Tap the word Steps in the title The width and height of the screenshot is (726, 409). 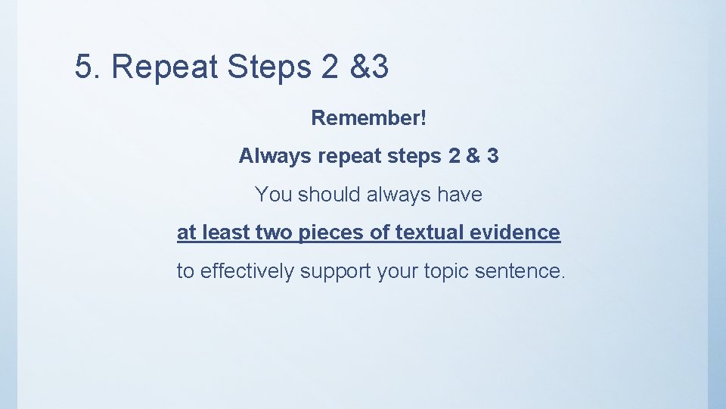coord(268,67)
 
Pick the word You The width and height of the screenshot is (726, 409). coord(273,195)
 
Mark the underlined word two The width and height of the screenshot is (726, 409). coord(273,233)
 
